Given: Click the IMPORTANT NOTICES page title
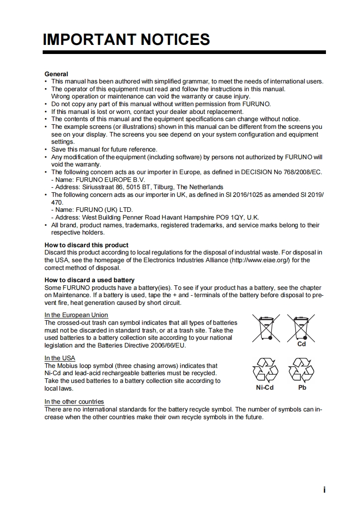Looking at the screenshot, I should point(126,39).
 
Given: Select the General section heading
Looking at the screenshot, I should point(56,74).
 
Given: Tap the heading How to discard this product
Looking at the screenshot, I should point(86,245).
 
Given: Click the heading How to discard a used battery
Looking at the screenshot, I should point(89,280).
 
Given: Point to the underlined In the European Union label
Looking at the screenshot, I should point(76,315).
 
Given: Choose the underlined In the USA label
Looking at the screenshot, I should point(60,358).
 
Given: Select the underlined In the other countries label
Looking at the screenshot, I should point(74,401).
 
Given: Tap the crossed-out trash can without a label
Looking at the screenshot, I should point(266,328).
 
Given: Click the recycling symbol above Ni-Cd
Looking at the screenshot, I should point(265,370).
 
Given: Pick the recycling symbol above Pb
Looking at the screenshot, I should point(302,370).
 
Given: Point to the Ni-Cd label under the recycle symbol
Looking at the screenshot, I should point(265,387).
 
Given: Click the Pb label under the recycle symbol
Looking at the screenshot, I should point(302,387).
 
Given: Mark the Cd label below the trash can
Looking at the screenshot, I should point(301,344).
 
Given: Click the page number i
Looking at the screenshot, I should point(324,489).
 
